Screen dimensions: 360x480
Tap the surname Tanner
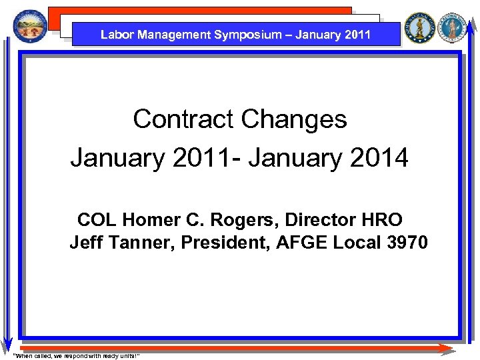coord(139,243)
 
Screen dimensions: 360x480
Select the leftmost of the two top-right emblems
coord(420,28)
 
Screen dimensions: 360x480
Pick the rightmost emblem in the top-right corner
coord(453,28)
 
